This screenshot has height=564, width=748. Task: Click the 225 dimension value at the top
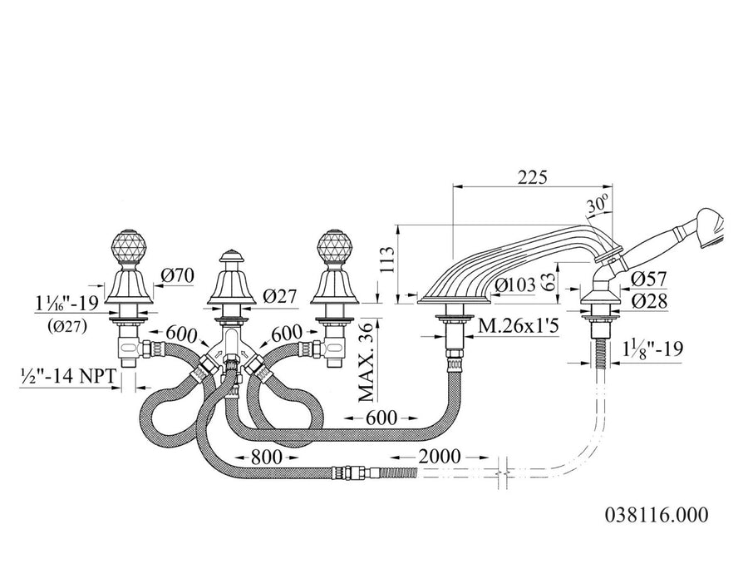click(533, 177)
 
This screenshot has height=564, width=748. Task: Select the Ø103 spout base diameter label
click(515, 285)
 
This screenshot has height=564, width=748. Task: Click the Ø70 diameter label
click(177, 275)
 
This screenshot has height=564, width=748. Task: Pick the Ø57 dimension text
click(649, 279)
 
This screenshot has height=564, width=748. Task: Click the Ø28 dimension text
click(649, 301)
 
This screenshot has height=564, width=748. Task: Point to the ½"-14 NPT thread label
click(68, 376)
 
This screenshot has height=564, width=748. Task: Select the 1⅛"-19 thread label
click(653, 349)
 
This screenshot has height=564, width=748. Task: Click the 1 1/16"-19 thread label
click(66, 302)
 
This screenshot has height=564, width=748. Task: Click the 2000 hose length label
click(440, 457)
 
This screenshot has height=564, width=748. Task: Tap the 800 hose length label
click(267, 457)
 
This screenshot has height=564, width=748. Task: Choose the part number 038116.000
click(657, 515)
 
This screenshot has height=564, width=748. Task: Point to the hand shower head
click(711, 227)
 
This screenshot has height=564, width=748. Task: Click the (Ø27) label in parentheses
click(66, 327)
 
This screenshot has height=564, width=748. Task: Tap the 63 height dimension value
click(549, 283)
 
